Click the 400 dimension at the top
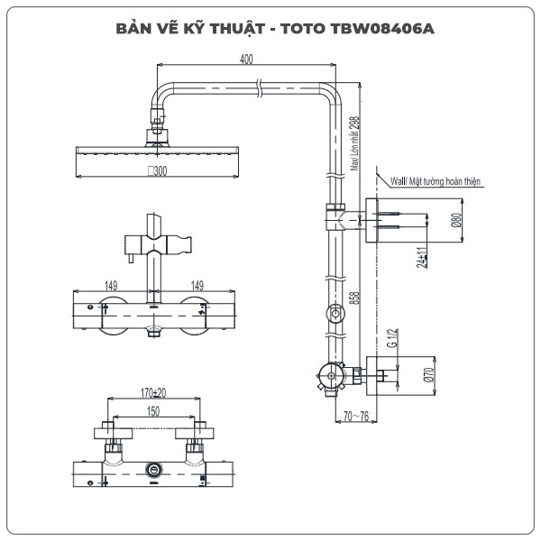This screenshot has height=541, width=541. pos(247,59)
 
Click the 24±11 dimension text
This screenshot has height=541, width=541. pos(421,258)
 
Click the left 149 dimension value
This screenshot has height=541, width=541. pos(110,286)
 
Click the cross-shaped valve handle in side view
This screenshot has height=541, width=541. pos(324,379)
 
